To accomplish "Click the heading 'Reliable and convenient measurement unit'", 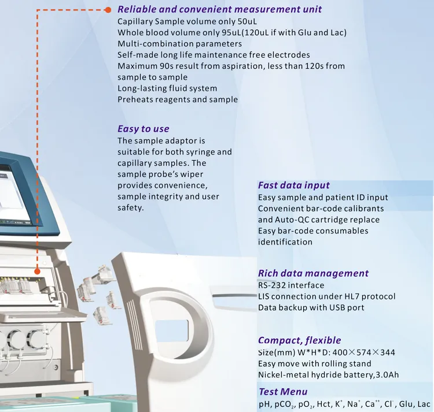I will coord(219,9).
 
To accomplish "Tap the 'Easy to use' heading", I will coord(143,129).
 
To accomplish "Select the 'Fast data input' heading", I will coord(293,185).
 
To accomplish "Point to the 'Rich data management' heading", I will coord(313,273).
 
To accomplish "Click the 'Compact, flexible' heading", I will coord(299,340).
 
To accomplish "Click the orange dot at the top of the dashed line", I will coord(108,10).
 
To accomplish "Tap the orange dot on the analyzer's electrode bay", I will coord(37,270).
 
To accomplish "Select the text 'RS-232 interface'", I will coord(291,285).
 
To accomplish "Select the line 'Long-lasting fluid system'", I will coord(167,88).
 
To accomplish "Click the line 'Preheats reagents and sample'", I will coord(177,99).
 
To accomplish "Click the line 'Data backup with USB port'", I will coord(311,307).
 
